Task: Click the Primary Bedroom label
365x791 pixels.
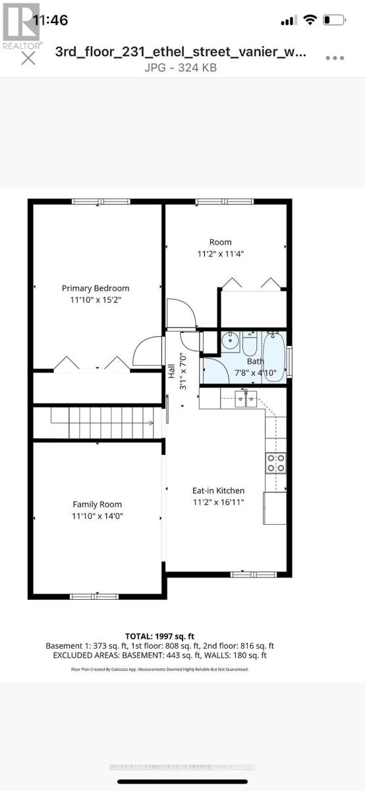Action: tap(96, 288)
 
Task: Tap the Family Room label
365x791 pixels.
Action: tap(97, 504)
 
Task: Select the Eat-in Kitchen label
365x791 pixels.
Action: tap(218, 490)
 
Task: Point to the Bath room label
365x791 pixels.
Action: tap(255, 361)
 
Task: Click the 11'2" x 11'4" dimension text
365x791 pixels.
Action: tap(221, 253)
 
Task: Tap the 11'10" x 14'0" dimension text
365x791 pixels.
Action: tap(97, 515)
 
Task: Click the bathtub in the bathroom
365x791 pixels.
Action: tap(274, 357)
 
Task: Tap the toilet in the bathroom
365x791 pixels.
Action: tap(250, 343)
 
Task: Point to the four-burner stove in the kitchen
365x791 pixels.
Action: tap(275, 463)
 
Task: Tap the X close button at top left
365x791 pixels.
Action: tap(28, 59)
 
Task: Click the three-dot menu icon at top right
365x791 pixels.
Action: tap(335, 58)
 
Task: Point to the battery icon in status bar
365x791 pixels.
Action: tap(336, 20)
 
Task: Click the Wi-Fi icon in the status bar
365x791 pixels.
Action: tap(310, 20)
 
